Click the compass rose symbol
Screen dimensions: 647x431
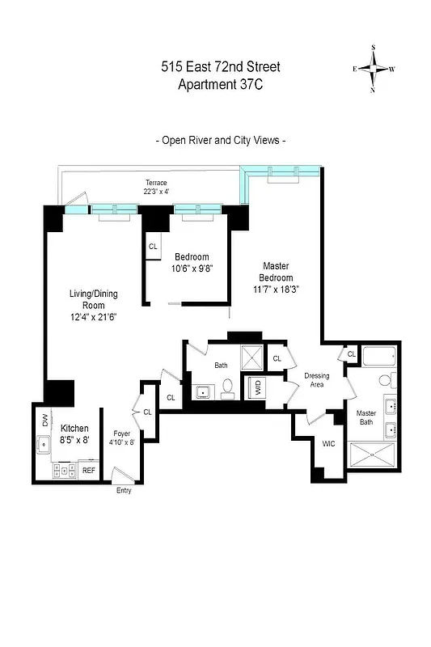(x=373, y=69)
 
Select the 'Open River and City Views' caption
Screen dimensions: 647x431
(x=220, y=140)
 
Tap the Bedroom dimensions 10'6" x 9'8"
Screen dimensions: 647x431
(x=192, y=269)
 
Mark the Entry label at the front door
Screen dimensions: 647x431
(x=123, y=491)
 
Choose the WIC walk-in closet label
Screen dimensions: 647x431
(x=328, y=444)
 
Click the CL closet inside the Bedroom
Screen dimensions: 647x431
(x=153, y=247)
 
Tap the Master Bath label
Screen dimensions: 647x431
(x=366, y=418)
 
